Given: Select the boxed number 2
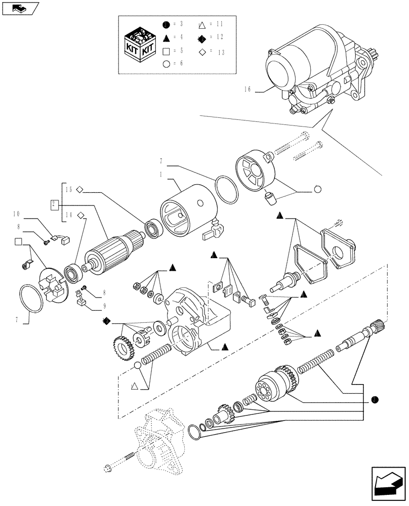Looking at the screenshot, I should pyautogui.click(x=54, y=204).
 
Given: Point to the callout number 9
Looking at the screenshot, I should pyautogui.click(x=103, y=306).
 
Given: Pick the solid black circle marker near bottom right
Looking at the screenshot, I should pyautogui.click(x=374, y=400).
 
